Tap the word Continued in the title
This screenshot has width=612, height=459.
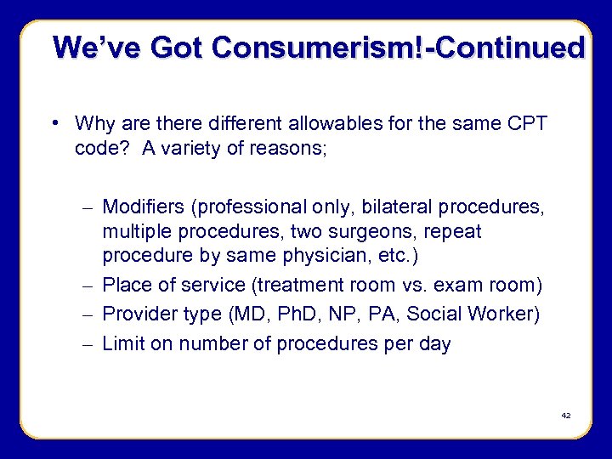(x=519, y=47)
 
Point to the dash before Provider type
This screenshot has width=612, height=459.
(x=89, y=314)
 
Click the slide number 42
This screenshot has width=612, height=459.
(x=565, y=416)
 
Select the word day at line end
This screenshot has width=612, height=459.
(x=435, y=345)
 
